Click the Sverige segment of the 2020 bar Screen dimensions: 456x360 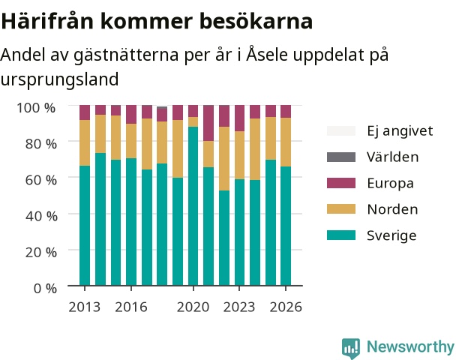[x=193, y=206]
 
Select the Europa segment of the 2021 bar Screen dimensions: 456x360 [x=208, y=123]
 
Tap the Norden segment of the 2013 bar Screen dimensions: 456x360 [x=85, y=142]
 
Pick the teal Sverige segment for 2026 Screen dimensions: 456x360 [x=286, y=226]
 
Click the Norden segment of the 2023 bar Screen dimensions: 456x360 [x=240, y=155]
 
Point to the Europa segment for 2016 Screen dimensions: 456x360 [x=131, y=115]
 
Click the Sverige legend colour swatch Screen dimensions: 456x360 [x=341, y=235]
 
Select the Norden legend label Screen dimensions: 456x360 [x=392, y=209]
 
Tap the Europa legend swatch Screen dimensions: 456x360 [x=341, y=183]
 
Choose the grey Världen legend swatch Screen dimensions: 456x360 [x=341, y=157]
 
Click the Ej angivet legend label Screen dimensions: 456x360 [x=400, y=131]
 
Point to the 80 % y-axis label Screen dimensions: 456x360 [x=41, y=144]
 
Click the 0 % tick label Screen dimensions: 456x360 [x=45, y=289]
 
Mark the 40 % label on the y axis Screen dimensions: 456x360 [x=41, y=216]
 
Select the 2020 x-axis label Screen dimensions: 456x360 [x=193, y=307]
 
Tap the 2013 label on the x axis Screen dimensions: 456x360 [x=85, y=307]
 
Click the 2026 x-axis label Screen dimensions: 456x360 [x=286, y=307]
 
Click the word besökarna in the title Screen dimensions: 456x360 [x=256, y=21]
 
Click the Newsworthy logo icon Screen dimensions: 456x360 [x=351, y=348]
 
